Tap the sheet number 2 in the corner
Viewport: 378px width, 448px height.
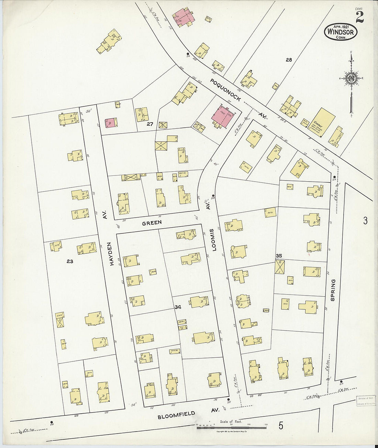(359, 17)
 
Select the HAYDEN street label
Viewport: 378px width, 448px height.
(111, 253)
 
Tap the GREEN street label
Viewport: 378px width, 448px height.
(152, 223)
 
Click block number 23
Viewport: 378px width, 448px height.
(70, 261)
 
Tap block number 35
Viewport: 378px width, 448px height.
(279, 256)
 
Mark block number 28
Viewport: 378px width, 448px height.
(289, 60)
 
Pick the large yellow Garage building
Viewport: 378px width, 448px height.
(323, 122)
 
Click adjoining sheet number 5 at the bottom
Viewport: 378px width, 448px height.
(281, 426)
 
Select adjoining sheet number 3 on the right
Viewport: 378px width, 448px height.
(365, 220)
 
